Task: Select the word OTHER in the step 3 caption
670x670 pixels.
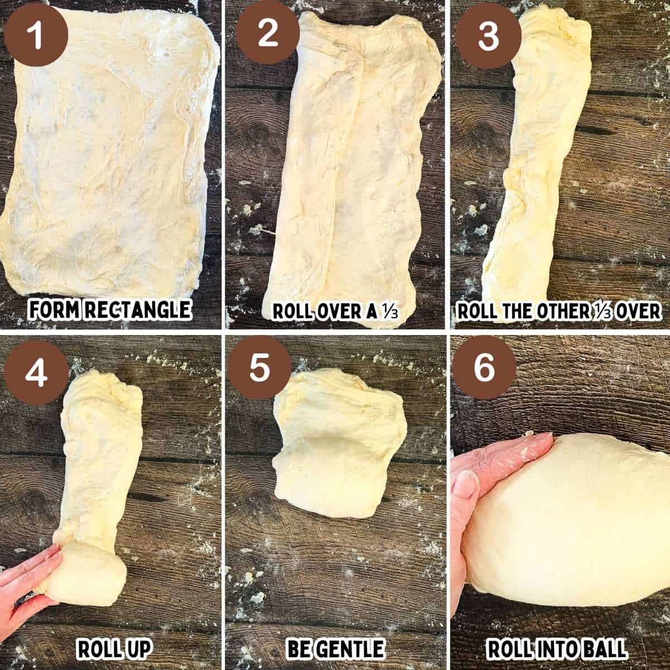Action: (563, 311)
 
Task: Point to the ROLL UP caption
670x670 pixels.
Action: (114, 649)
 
